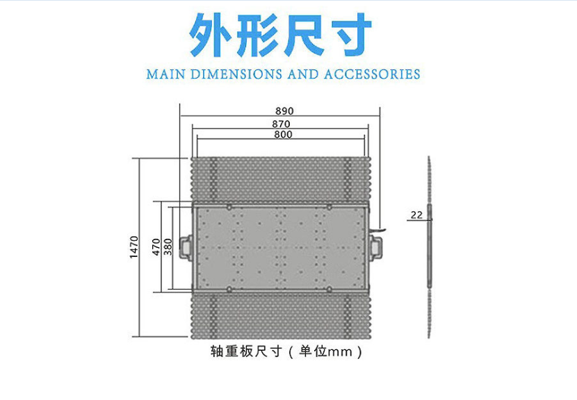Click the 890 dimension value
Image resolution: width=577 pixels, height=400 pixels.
[x=284, y=111]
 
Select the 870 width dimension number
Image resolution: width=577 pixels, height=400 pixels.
[x=281, y=124]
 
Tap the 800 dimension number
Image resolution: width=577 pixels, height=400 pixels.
[x=283, y=135]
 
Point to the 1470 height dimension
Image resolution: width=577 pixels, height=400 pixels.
[x=134, y=247]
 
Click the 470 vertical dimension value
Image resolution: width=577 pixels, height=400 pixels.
[x=156, y=247]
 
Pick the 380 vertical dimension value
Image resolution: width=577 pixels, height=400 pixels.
[x=168, y=247]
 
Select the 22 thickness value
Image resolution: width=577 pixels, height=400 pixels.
[x=416, y=215]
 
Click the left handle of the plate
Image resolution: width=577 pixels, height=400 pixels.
[x=186, y=247]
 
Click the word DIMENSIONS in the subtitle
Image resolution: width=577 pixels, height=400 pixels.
[x=236, y=74]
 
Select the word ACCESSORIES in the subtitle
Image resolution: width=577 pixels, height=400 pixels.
[x=372, y=74]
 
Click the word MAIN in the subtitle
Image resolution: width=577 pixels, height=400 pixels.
[x=165, y=74]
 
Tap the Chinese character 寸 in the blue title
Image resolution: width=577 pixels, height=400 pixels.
[x=350, y=35]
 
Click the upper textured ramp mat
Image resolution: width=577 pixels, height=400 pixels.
[x=282, y=180]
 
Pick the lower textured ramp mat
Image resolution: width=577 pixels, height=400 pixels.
[x=282, y=316]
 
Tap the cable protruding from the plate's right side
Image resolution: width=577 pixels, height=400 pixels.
[x=378, y=230]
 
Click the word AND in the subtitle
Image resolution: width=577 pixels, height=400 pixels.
[x=302, y=74]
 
